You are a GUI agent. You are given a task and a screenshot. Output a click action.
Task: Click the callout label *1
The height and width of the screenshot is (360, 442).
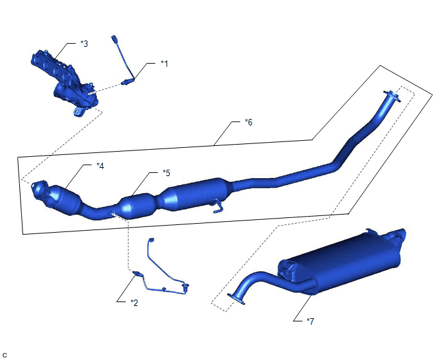point(164,64)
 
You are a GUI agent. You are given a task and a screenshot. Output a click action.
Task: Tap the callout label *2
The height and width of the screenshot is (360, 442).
point(134,303)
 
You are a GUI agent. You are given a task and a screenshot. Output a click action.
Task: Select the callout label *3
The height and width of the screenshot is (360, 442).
point(84,44)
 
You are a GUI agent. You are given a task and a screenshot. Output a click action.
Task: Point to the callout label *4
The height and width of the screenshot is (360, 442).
point(100,166)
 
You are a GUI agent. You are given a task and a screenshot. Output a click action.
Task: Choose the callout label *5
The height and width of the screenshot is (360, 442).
point(166,173)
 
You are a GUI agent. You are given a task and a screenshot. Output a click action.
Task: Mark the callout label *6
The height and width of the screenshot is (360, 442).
point(249,122)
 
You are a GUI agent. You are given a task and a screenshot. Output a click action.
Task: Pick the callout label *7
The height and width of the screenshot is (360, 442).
point(310,321)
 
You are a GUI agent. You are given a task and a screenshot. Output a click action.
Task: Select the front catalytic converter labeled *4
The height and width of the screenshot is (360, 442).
point(66,199)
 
